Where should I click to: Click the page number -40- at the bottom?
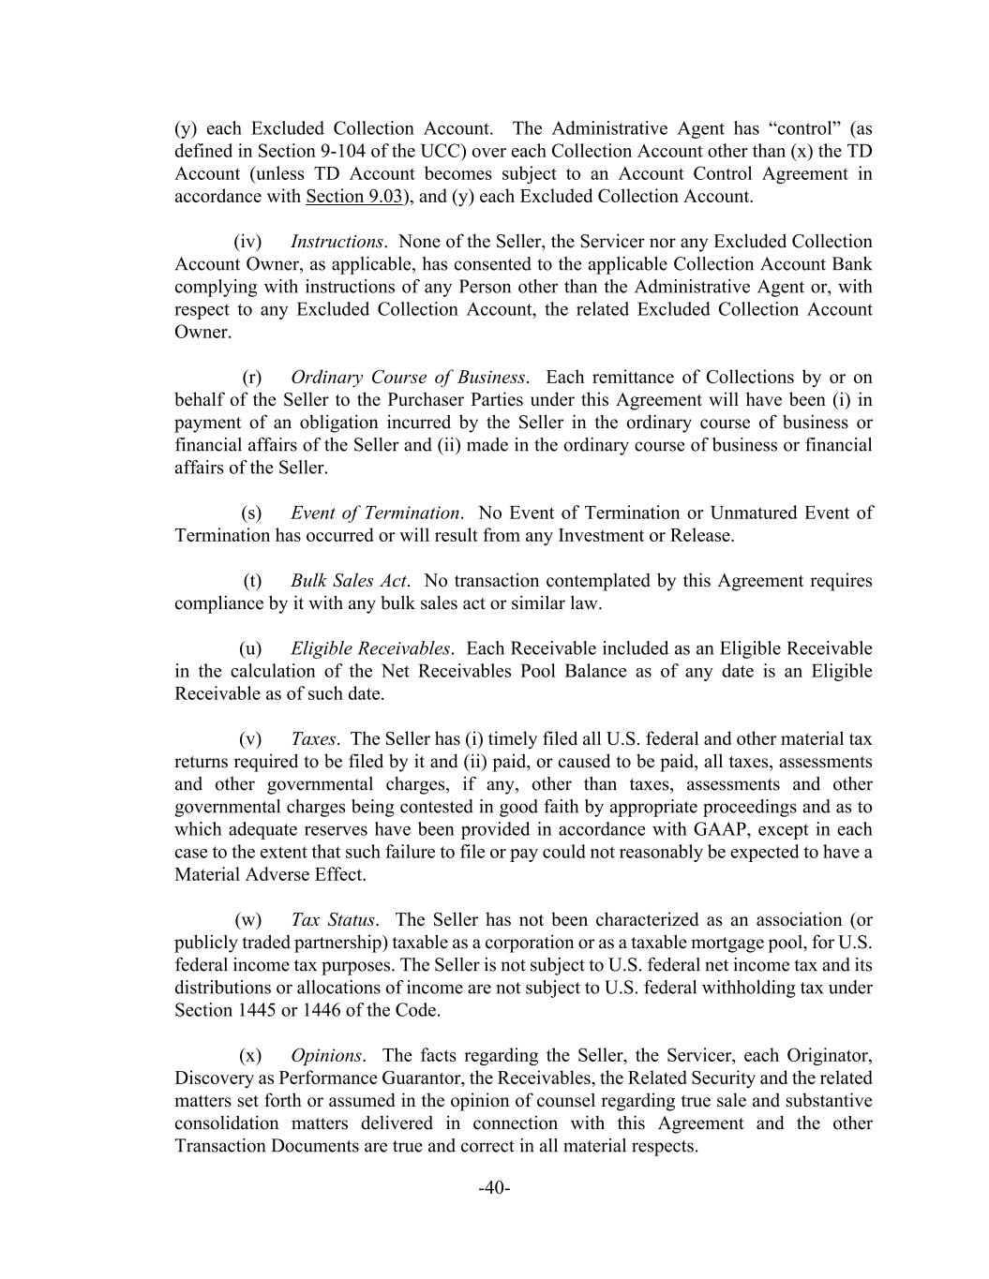point(494,1188)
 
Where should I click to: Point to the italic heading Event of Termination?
point(375,513)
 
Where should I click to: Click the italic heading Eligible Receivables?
point(370,648)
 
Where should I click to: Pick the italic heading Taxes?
point(313,739)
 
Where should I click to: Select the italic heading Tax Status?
point(333,920)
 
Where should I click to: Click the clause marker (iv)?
point(247,242)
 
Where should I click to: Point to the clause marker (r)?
point(252,378)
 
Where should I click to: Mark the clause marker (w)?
point(248,920)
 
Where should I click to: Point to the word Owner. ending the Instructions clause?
point(202,333)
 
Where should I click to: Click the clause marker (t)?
point(252,581)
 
